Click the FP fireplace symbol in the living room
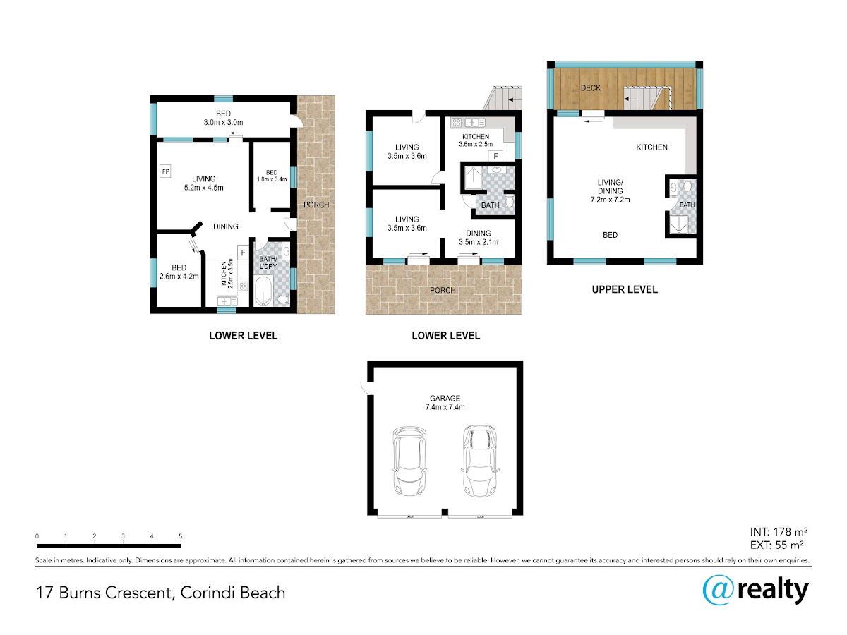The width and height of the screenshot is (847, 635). (165, 171)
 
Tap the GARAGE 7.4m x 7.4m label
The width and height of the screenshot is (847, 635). (445, 402)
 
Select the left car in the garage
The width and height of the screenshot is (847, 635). (409, 461)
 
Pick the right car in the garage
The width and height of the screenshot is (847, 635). (480, 461)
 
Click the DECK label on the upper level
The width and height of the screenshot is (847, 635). (590, 88)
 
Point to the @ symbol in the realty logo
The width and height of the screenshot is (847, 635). (719, 591)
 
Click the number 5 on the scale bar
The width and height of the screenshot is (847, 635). (180, 536)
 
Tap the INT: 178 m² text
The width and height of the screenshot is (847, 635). (779, 532)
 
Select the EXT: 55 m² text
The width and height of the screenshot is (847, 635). (776, 545)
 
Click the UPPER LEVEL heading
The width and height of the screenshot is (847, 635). (625, 289)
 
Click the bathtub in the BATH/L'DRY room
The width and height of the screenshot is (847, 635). (264, 291)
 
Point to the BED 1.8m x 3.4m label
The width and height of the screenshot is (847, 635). (272, 176)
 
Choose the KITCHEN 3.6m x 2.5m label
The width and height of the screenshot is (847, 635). (476, 140)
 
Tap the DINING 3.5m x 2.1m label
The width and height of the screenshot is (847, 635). (478, 238)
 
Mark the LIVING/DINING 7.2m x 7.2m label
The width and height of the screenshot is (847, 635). (610, 190)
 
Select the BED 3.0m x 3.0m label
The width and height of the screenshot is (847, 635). (223, 118)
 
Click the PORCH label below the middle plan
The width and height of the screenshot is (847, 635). (443, 290)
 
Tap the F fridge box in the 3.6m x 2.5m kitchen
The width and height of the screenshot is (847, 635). (495, 156)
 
